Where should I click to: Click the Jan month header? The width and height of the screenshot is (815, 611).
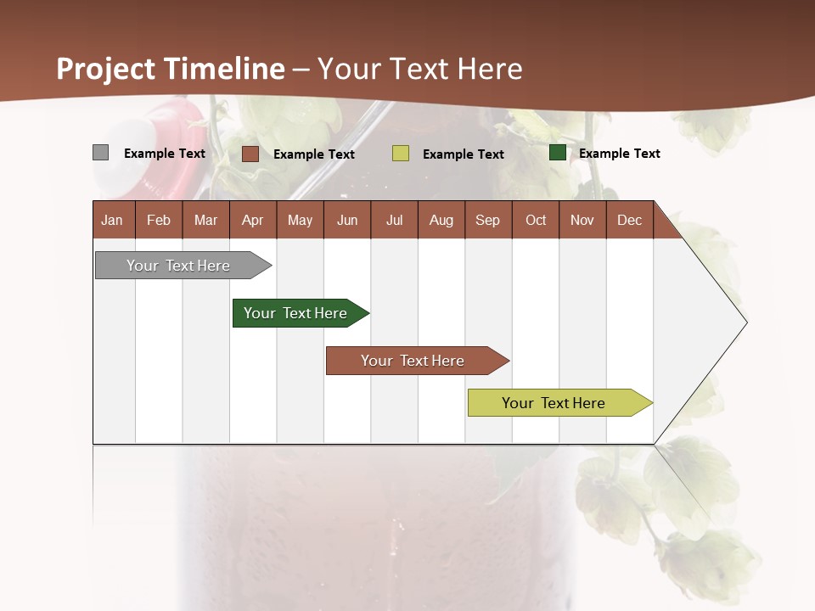(113, 220)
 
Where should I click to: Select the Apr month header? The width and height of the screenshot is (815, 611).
(253, 220)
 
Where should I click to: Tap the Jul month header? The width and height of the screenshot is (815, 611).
(394, 220)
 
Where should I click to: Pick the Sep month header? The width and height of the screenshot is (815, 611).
(487, 220)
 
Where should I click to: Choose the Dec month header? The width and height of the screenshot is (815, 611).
(629, 220)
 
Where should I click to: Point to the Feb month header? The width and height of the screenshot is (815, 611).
(159, 220)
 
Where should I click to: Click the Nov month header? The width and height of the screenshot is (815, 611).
(582, 220)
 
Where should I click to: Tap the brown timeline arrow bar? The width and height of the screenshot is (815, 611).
(415, 361)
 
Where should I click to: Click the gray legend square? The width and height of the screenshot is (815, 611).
(100, 153)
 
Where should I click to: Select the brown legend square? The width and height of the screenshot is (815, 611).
(250, 154)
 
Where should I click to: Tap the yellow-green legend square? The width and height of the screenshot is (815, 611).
(401, 154)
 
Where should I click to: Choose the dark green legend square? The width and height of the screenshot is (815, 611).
(558, 153)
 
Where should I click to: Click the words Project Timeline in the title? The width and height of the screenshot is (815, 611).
(171, 69)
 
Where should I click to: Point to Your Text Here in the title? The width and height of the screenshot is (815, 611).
(419, 69)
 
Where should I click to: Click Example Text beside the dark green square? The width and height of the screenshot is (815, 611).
(619, 154)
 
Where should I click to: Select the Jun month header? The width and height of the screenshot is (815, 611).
(346, 220)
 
